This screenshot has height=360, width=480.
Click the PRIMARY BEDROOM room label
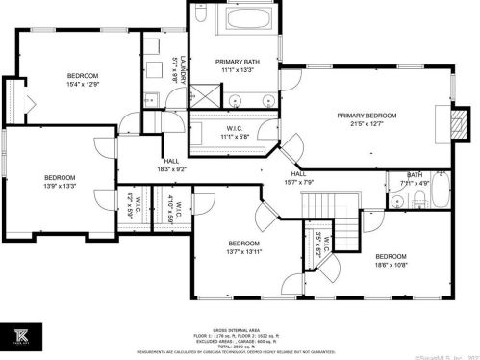[366, 115]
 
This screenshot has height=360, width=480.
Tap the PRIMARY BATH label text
[235, 62]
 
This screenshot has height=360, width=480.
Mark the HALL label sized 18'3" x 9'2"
[171, 165]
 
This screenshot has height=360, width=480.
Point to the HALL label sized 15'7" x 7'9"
[296, 177]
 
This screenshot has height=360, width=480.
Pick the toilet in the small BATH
[420, 200]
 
